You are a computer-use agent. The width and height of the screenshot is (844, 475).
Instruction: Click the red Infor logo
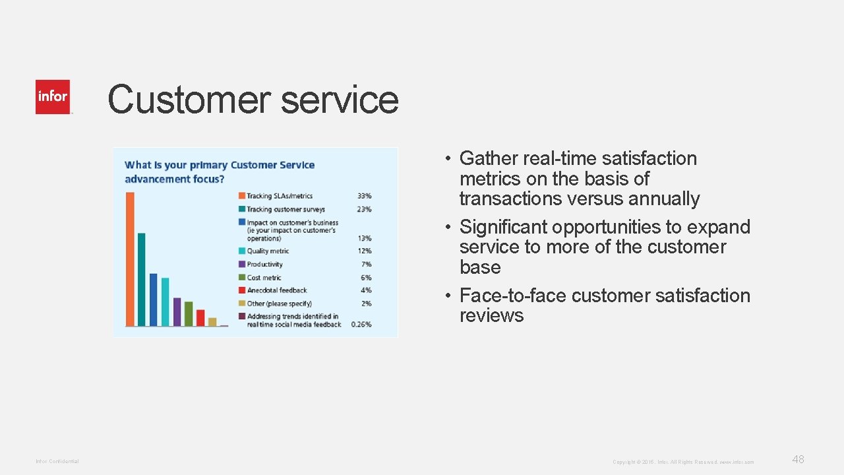pos(53,97)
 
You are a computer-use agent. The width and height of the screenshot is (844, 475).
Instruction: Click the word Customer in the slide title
pos(189,100)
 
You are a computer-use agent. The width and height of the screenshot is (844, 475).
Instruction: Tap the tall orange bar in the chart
pos(130,259)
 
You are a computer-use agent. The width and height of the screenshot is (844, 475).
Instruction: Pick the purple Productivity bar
pos(177,311)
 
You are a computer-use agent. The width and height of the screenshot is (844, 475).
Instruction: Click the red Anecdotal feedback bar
pos(200,317)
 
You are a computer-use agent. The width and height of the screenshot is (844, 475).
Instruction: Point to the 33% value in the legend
pos(364,196)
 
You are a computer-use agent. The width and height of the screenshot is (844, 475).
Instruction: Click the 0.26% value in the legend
pos(361,325)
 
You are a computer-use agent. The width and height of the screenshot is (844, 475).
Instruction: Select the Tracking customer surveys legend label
pos(286,210)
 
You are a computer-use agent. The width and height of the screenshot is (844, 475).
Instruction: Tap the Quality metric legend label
pos(268,251)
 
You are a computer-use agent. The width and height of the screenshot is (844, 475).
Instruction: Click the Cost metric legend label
pos(264,278)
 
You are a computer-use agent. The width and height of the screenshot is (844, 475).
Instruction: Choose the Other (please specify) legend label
pos(279,303)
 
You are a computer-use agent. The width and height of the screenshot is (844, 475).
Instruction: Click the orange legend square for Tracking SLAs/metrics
pos(242,196)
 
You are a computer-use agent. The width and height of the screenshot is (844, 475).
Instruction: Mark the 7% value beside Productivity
pos(366,265)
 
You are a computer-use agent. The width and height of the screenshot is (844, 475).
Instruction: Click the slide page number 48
pos(798,460)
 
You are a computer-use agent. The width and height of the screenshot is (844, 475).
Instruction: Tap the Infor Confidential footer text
pos(57,461)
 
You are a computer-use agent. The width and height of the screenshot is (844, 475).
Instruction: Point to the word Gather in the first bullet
pos(489,158)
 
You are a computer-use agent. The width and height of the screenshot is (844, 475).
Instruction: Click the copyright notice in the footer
pos(682,462)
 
